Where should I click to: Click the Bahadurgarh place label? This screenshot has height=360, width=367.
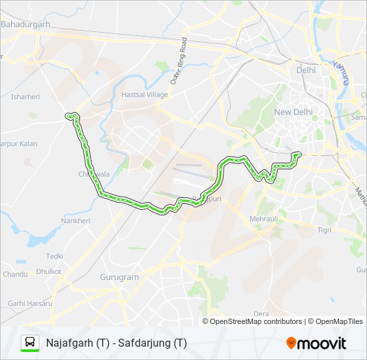pos(27,24)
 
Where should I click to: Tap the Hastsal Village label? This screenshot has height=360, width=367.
pos(145,95)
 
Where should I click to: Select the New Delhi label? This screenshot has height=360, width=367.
pos(293,111)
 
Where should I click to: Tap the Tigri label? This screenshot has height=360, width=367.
pos(324,229)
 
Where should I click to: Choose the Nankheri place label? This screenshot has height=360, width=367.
pos(75,221)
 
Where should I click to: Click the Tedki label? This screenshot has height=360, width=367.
pos(55,256)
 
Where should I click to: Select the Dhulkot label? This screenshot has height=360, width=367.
pos(49,271)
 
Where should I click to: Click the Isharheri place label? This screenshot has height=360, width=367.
pos(25,97)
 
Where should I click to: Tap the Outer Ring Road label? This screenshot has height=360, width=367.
pos(177,61)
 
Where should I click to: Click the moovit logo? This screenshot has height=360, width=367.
pos(316,343)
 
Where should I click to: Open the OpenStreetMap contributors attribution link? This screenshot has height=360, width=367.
pos(256,321)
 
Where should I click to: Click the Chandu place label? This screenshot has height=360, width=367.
pos(15,274)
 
